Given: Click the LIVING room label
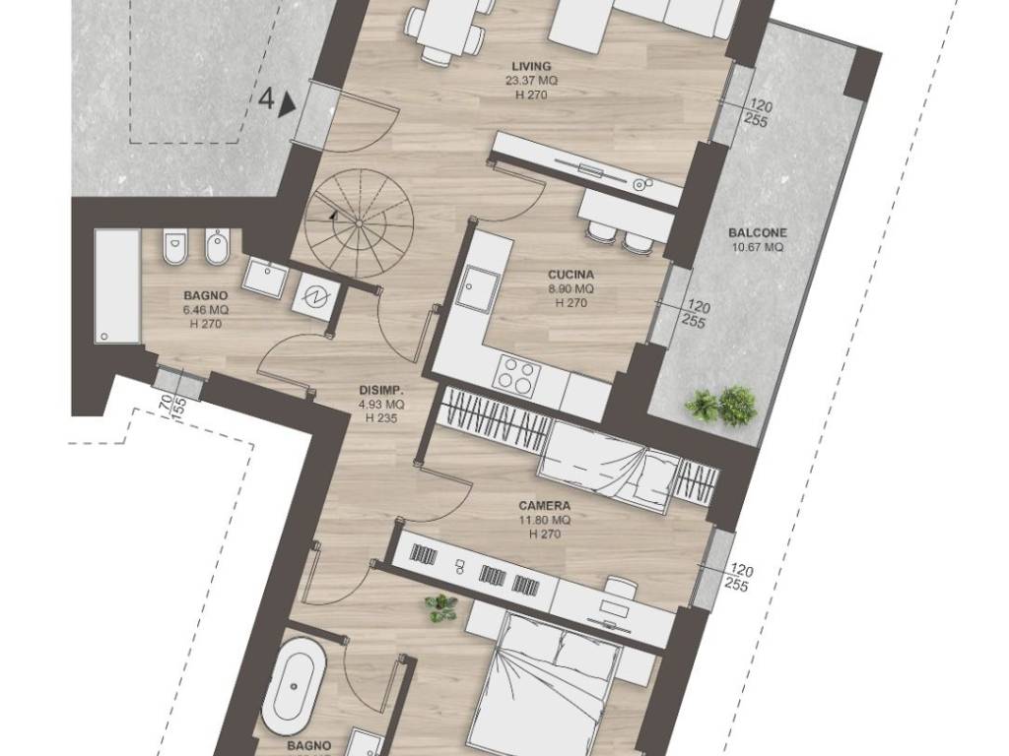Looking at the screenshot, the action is coord(531,66).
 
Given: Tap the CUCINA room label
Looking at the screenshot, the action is coord(567,276).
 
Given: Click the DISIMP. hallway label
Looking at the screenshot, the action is coord(381,390).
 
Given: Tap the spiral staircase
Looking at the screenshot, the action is coord(359,222).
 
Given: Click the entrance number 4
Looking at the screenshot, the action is coord(267,99).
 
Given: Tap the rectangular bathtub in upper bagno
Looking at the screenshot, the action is coord(117,286).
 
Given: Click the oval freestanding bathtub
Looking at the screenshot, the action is coord(294,688).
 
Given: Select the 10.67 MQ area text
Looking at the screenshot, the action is coord(758,247).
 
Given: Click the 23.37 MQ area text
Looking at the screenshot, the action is coord(531,81).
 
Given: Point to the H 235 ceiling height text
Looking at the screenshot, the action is coord(381,418).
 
